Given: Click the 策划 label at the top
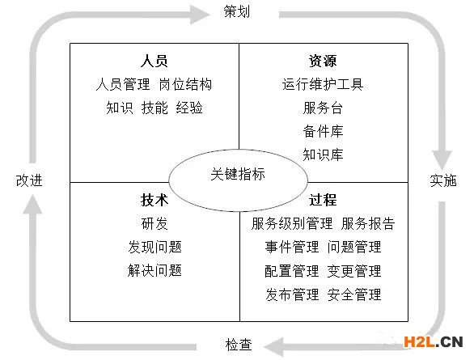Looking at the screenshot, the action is coord(237,12).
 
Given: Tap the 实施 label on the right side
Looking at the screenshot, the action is coord(443,180).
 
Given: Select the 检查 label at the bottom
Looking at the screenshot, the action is coord(239,345).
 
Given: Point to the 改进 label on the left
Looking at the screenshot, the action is coord(29,180).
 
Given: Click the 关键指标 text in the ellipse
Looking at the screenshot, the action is coord(238,174).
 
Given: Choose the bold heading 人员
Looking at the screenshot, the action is coord(154,61).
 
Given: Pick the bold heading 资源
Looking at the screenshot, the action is coord(323,61).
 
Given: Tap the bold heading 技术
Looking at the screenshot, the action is coord(154,200).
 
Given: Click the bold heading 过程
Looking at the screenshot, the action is coord(323,200).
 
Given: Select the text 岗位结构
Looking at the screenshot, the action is coord(185,84).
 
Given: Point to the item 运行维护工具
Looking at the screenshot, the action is coord(323,84).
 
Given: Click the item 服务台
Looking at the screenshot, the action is coord(323,108).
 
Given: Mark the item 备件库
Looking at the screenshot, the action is coord(323,131).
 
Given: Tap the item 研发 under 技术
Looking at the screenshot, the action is coord(154,223).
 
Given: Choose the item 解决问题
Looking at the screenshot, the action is coord(154,270).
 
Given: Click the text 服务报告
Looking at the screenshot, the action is coord(368,223).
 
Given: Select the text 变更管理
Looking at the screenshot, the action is coord(354,271).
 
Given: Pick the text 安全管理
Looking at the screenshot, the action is coord(354,294).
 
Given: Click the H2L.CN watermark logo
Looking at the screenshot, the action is coord(433,342).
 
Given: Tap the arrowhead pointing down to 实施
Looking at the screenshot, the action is coord(442,159).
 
